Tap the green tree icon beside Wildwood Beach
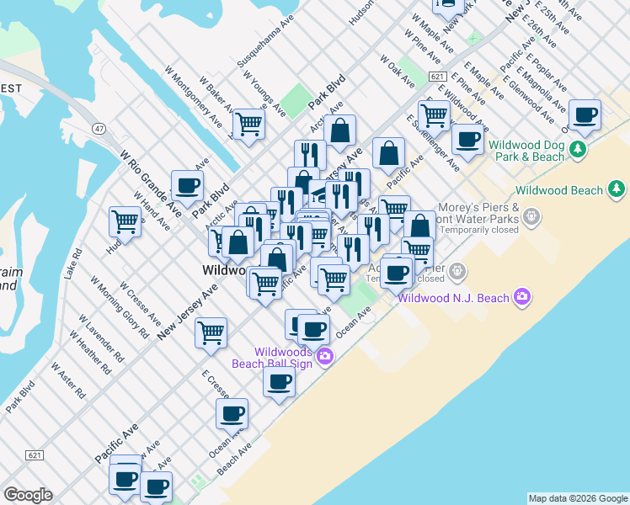617,188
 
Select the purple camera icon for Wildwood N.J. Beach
523,296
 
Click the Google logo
28,495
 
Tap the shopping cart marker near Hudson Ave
125,221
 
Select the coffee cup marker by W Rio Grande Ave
187,185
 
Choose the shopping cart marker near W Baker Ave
249,123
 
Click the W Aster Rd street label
67,380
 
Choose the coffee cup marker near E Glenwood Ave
584,114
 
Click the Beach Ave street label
234,461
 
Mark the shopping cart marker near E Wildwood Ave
433,114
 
